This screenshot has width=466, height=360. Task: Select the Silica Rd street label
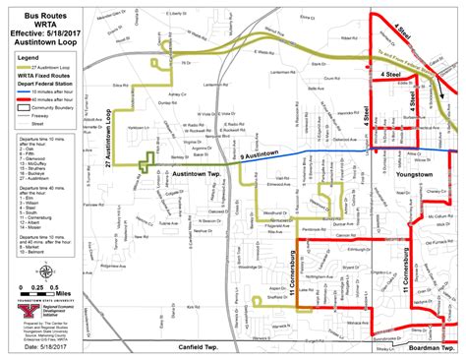pos(121,87)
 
